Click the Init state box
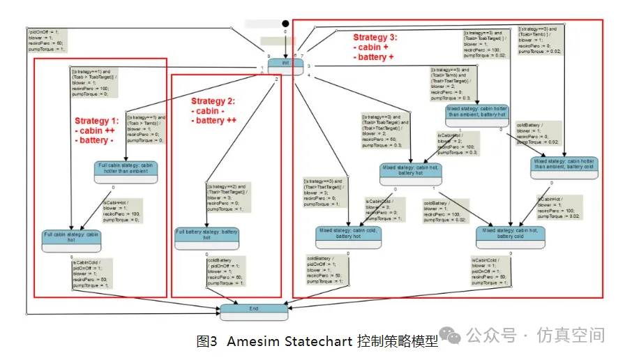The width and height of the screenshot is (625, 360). point(285,63)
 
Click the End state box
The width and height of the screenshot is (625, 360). point(254,311)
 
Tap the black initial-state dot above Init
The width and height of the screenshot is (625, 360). point(285,24)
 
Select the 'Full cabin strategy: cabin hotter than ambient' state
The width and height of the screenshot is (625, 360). point(126,170)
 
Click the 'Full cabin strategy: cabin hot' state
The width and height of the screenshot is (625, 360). point(72,240)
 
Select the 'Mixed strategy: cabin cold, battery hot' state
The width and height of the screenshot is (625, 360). point(349,236)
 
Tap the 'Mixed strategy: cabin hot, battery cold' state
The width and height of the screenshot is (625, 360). point(510,236)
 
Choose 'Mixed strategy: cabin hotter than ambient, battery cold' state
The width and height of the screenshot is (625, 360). point(564,167)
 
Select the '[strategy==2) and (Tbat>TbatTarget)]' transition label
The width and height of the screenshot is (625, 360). point(229,189)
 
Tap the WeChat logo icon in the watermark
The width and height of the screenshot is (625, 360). point(453,336)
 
